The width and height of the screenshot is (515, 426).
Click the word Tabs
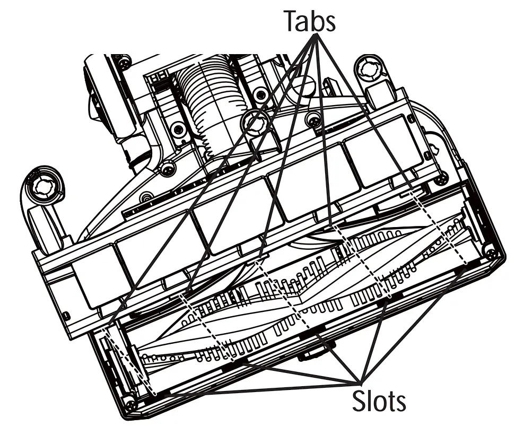(x=309, y=21)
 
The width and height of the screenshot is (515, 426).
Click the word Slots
(x=379, y=401)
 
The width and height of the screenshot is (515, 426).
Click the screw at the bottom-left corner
(x=130, y=406)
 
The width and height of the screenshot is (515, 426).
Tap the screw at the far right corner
(x=491, y=254)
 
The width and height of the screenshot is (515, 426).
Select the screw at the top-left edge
(x=124, y=62)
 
